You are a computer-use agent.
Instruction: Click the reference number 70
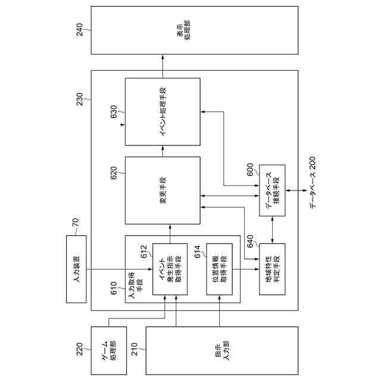point(75,224)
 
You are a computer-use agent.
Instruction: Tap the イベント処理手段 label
point(163,111)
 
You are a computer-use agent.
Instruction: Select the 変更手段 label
point(163,190)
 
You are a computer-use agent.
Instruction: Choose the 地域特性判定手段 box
point(272,268)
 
